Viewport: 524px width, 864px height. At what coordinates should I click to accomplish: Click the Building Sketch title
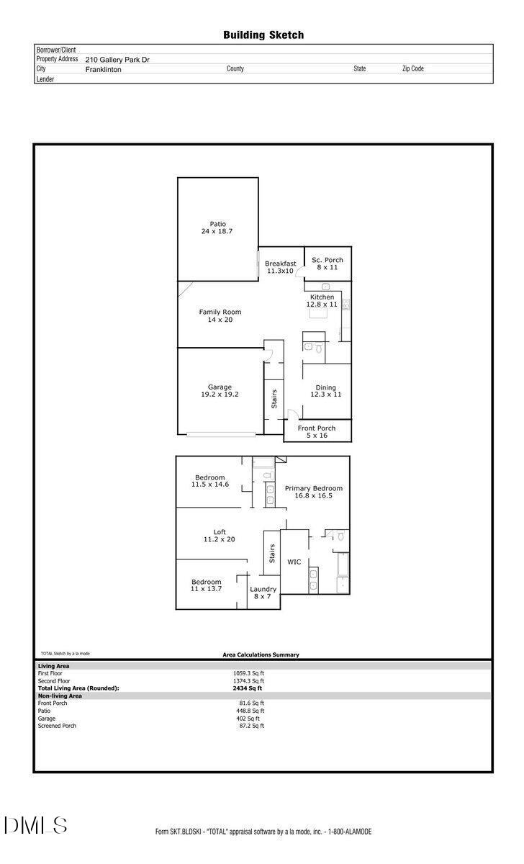click(x=263, y=35)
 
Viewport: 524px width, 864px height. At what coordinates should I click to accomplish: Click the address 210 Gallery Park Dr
click(x=117, y=60)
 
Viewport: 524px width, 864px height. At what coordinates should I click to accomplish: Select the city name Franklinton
click(x=104, y=70)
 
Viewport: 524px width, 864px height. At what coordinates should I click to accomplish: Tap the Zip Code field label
click(x=412, y=69)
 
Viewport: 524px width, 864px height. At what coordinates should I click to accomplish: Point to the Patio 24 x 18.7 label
click(x=217, y=228)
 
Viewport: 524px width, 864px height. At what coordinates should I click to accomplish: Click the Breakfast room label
click(x=280, y=267)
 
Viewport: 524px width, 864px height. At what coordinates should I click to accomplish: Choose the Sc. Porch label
click(x=327, y=264)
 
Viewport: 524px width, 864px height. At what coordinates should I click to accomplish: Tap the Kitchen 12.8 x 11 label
click(x=322, y=301)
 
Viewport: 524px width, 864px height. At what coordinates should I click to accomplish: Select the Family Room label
click(x=220, y=315)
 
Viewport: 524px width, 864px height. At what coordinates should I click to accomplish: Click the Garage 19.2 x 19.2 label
click(x=220, y=391)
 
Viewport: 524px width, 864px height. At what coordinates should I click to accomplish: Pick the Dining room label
click(x=325, y=391)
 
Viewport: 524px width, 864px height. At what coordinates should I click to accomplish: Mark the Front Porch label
click(x=317, y=432)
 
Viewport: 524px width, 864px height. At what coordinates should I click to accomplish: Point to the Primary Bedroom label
click(x=314, y=492)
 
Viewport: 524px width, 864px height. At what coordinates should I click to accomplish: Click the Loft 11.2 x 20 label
click(x=220, y=535)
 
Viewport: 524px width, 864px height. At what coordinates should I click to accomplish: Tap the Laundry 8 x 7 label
click(x=263, y=593)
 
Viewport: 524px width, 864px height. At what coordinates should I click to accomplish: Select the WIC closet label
click(x=294, y=562)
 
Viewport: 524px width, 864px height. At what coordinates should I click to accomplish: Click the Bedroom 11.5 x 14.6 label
click(x=209, y=481)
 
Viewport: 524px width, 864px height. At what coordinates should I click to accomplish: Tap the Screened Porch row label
click(x=57, y=726)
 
